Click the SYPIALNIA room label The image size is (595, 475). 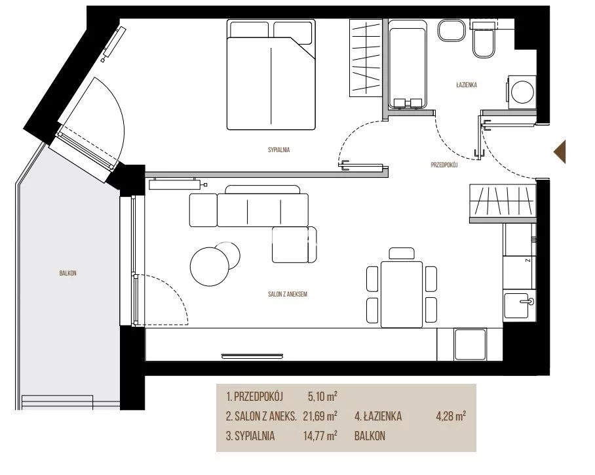278,150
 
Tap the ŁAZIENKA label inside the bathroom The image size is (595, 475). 467,85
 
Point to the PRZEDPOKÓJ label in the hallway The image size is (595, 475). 444,165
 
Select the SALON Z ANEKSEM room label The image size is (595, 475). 287,294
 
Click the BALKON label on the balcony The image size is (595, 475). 68,273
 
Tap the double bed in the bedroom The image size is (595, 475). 271,75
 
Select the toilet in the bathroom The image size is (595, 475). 484,39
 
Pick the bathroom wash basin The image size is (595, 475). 451,30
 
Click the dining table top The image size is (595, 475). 402,294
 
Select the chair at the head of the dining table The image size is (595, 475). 402,253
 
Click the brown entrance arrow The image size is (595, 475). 560,152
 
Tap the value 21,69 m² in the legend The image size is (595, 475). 320,416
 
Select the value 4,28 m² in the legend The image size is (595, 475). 451,416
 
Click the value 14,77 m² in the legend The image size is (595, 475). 320,436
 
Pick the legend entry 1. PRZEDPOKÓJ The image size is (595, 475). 255,397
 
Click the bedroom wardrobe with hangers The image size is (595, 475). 366,58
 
